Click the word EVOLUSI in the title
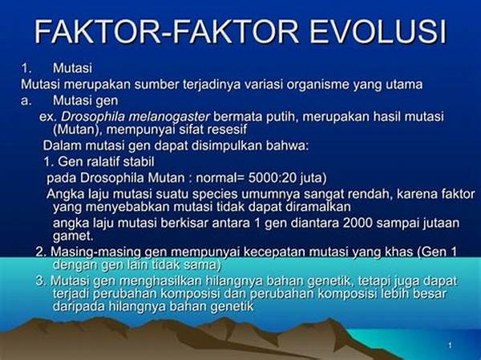(x=378, y=31)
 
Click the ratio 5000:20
(x=269, y=178)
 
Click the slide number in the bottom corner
(x=450, y=346)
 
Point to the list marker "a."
(x=26, y=101)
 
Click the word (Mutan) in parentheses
(x=77, y=130)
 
